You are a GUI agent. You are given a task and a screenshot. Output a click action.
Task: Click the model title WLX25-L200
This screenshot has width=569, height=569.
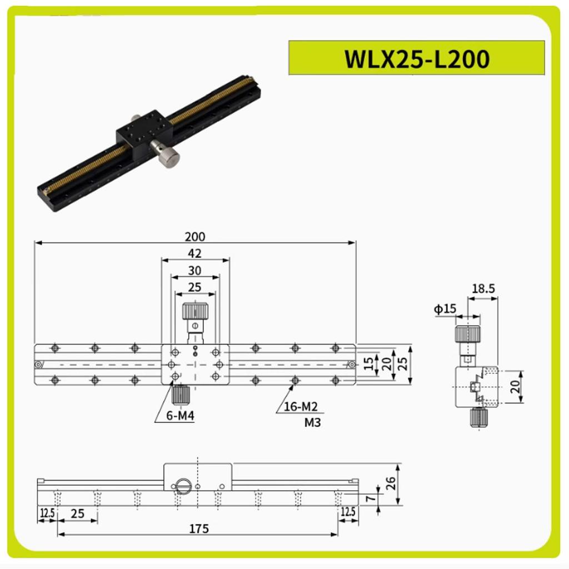click(x=417, y=58)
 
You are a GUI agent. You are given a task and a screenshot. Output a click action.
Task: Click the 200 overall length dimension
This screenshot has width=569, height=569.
click(x=195, y=237)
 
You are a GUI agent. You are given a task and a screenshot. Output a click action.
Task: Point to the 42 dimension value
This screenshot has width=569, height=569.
click(x=195, y=254)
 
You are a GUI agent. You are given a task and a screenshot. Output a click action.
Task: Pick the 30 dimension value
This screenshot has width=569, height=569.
click(x=195, y=271)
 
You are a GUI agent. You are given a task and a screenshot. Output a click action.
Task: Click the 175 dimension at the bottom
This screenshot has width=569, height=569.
click(x=198, y=528)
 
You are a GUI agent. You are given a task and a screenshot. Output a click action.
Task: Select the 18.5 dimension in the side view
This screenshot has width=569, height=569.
click(x=483, y=288)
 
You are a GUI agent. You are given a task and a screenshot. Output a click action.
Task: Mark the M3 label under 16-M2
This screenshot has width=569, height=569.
click(x=312, y=423)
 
